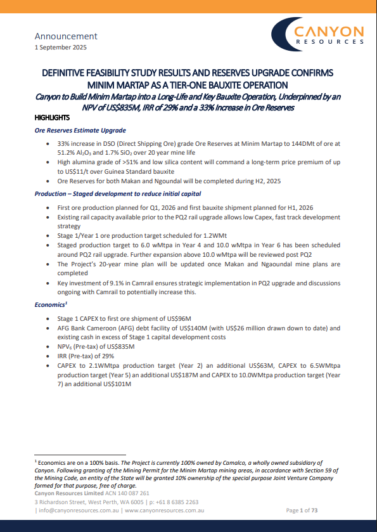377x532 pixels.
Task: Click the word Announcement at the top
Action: [66, 36]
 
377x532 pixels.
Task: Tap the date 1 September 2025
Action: [61, 48]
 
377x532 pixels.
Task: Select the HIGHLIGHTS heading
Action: [52, 118]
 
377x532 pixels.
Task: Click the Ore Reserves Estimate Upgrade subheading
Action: [80, 131]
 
